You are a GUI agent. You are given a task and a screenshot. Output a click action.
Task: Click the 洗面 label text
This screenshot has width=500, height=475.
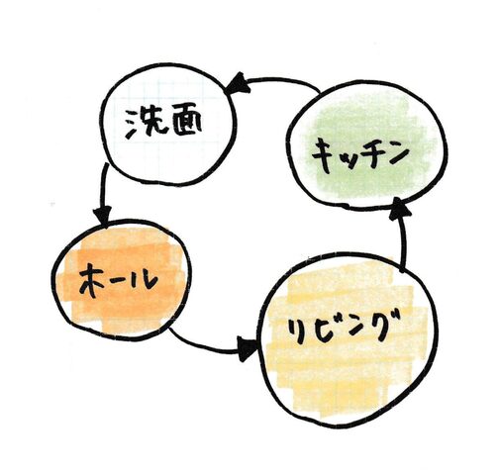coord(163,124)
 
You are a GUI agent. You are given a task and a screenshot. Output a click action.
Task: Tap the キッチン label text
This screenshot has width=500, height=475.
coord(360,156)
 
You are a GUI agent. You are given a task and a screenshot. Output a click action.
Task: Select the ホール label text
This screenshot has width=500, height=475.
coord(118,281)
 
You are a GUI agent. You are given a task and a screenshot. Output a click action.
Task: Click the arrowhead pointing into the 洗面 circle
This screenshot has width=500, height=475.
coord(236,83)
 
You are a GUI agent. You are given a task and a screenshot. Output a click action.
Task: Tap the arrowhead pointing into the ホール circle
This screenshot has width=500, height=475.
coord(102,216)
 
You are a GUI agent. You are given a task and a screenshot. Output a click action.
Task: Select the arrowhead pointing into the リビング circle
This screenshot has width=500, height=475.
coord(247,348)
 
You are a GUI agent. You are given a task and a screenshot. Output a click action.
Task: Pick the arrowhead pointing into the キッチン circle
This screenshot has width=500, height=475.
coord(399,209)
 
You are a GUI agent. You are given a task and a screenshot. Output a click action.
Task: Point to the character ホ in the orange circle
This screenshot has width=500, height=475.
coord(91,281)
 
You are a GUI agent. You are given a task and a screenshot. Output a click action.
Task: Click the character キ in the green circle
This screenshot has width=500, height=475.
coord(325,156)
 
